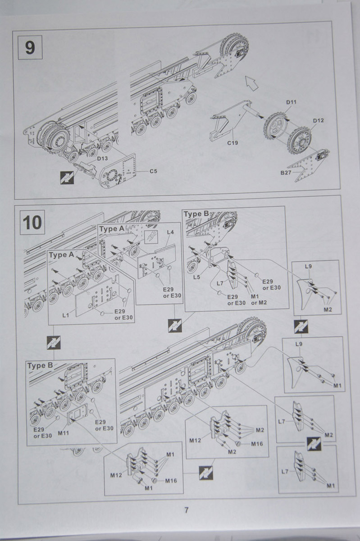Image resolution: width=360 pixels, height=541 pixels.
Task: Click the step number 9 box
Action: click(30, 47)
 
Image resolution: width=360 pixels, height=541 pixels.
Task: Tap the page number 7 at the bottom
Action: click(186, 510)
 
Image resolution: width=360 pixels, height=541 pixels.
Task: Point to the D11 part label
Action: click(291, 102)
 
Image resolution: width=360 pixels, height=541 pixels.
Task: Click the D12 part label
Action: click(318, 121)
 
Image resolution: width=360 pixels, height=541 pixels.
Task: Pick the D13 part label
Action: click(102, 158)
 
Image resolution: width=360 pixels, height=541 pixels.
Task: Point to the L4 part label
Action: click(170, 232)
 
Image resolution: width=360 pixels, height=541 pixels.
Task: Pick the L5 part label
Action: click(196, 277)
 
